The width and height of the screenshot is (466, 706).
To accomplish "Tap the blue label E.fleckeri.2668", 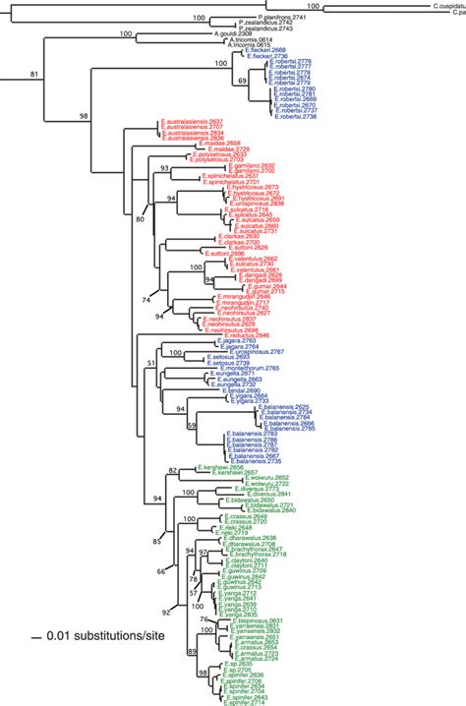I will tap(262, 50).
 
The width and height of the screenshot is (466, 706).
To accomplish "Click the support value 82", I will tap(174, 471).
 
